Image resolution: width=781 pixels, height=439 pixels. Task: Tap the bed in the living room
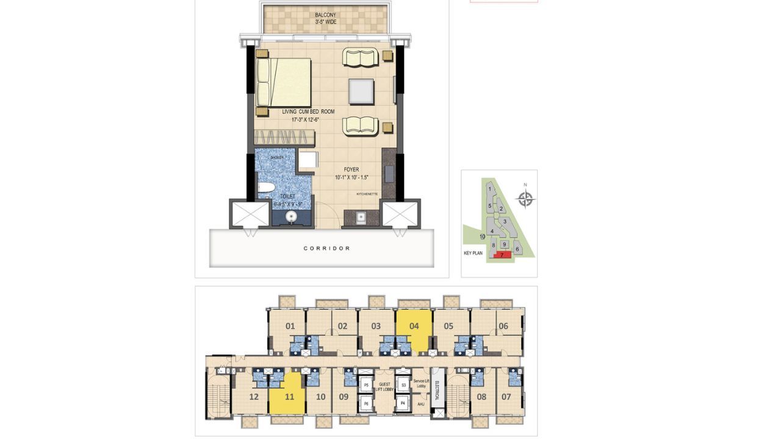click(284, 82)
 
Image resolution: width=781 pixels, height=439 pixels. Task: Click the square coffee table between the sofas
click(361, 91)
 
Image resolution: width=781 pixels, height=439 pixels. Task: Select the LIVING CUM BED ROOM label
click(308, 112)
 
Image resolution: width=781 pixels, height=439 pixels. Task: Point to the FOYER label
click(351, 170)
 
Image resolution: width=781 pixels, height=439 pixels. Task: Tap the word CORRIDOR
click(327, 249)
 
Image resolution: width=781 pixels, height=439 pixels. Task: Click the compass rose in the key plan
click(525, 199)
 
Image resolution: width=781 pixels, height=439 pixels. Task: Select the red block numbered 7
click(502, 255)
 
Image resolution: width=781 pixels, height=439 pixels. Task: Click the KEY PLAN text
click(473, 253)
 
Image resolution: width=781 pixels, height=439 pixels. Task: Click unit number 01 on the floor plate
click(290, 326)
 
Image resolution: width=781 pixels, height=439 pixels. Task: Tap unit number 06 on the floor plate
click(503, 326)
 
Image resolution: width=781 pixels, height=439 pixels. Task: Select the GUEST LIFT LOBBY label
click(385, 387)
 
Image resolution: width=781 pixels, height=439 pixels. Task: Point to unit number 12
click(254, 397)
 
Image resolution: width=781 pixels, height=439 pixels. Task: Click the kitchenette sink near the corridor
click(361, 216)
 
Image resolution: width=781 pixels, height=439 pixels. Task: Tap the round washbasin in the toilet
click(292, 216)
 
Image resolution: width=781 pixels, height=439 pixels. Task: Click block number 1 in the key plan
click(489, 190)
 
